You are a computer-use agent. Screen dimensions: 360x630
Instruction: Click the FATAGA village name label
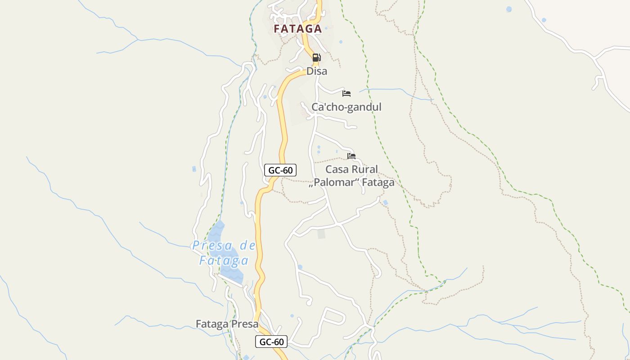pos(298,29)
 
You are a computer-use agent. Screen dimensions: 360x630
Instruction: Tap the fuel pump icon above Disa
pos(316,58)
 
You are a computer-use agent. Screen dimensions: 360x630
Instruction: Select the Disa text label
pos(317,71)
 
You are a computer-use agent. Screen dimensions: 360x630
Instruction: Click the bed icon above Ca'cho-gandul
pos(346,94)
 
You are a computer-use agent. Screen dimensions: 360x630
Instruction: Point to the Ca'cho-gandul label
pos(346,107)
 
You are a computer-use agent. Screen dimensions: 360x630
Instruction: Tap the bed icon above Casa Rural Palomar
pos(351,156)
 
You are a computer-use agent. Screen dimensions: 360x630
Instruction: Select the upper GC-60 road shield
pos(280,170)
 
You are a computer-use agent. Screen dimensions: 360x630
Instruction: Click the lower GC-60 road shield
pos(271,342)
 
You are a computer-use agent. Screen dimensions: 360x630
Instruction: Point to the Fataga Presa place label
pos(227,324)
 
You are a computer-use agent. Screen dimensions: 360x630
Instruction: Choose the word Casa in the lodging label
pos(337,170)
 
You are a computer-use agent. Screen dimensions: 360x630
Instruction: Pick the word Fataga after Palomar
pos(378,182)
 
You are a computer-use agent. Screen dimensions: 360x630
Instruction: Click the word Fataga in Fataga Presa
pos(211,324)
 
